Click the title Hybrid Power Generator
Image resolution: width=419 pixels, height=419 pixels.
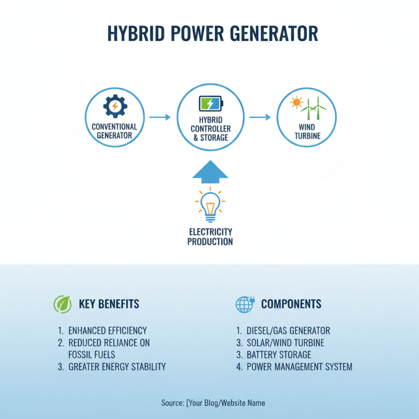click(212, 34)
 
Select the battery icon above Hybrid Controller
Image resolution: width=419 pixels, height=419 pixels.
click(211, 103)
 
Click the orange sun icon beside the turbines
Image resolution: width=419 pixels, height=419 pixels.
click(297, 103)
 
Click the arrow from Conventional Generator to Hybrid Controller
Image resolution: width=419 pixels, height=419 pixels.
click(160, 117)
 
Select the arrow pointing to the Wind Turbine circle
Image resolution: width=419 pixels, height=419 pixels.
click(260, 117)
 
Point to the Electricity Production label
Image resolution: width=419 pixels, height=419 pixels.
click(210, 237)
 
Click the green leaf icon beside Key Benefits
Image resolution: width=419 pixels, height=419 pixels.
click(62, 304)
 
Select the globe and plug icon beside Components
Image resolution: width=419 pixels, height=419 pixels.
click(245, 304)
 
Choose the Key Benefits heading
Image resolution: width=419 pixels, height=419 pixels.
click(109, 304)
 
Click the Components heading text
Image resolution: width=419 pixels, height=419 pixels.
click(291, 304)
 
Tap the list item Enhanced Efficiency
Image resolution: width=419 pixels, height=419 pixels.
click(107, 330)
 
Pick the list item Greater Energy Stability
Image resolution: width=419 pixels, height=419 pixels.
click(117, 367)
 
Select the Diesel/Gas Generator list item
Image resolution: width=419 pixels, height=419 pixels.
click(288, 330)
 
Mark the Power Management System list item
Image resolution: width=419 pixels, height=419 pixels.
click(299, 367)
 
